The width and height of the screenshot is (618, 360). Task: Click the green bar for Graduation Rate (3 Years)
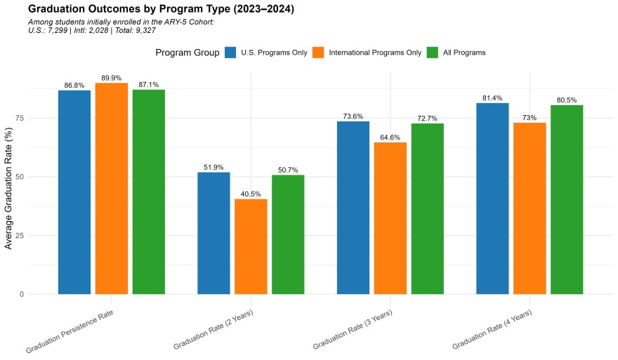click(427, 208)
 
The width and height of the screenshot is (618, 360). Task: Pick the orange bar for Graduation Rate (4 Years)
click(530, 208)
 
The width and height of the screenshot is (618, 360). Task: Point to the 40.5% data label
click(251, 194)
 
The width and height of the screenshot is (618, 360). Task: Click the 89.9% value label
click(112, 78)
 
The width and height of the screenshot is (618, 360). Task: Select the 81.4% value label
click(492, 98)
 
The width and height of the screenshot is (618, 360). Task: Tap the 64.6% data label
click(390, 137)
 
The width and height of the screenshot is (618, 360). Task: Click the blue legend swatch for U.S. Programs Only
click(231, 53)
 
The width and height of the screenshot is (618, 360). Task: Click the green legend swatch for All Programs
click(433, 53)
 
